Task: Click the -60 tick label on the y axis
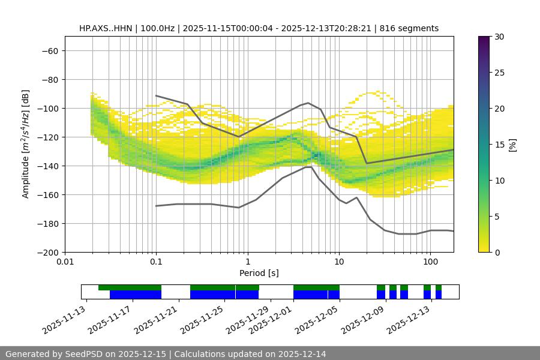49,50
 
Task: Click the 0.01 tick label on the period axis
65,262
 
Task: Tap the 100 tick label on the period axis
430,262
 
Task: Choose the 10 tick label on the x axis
338,262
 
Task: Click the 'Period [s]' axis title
259,273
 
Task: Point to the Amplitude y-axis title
25,144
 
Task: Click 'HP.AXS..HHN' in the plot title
106,28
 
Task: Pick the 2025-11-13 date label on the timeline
64,319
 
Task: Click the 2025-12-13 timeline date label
409,319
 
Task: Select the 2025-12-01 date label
271,319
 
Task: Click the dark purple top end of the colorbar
484,39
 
